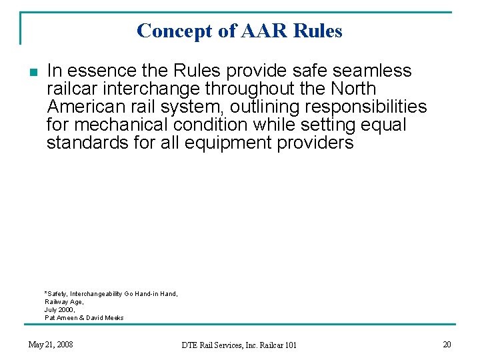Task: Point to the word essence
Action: click(x=100, y=71)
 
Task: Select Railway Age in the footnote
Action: click(x=64, y=302)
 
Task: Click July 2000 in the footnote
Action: click(x=60, y=310)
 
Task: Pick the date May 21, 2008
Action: click(x=51, y=345)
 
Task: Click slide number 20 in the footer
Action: click(x=447, y=344)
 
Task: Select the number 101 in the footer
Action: click(x=289, y=345)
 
